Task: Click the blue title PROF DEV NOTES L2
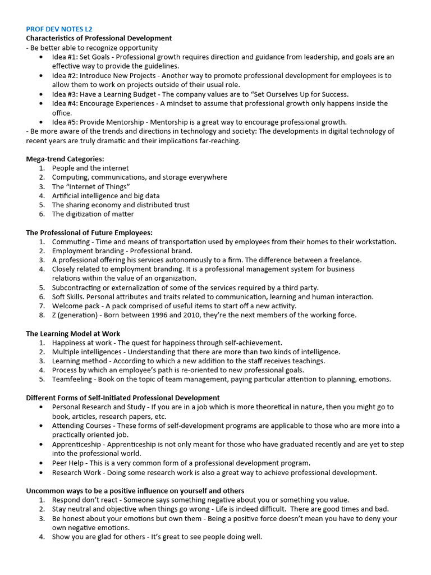coord(59,29)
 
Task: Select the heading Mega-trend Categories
coord(65,159)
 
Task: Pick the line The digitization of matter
coord(93,214)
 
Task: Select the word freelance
coord(343,260)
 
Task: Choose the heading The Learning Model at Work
coord(73,334)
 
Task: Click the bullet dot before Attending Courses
coord(43,426)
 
